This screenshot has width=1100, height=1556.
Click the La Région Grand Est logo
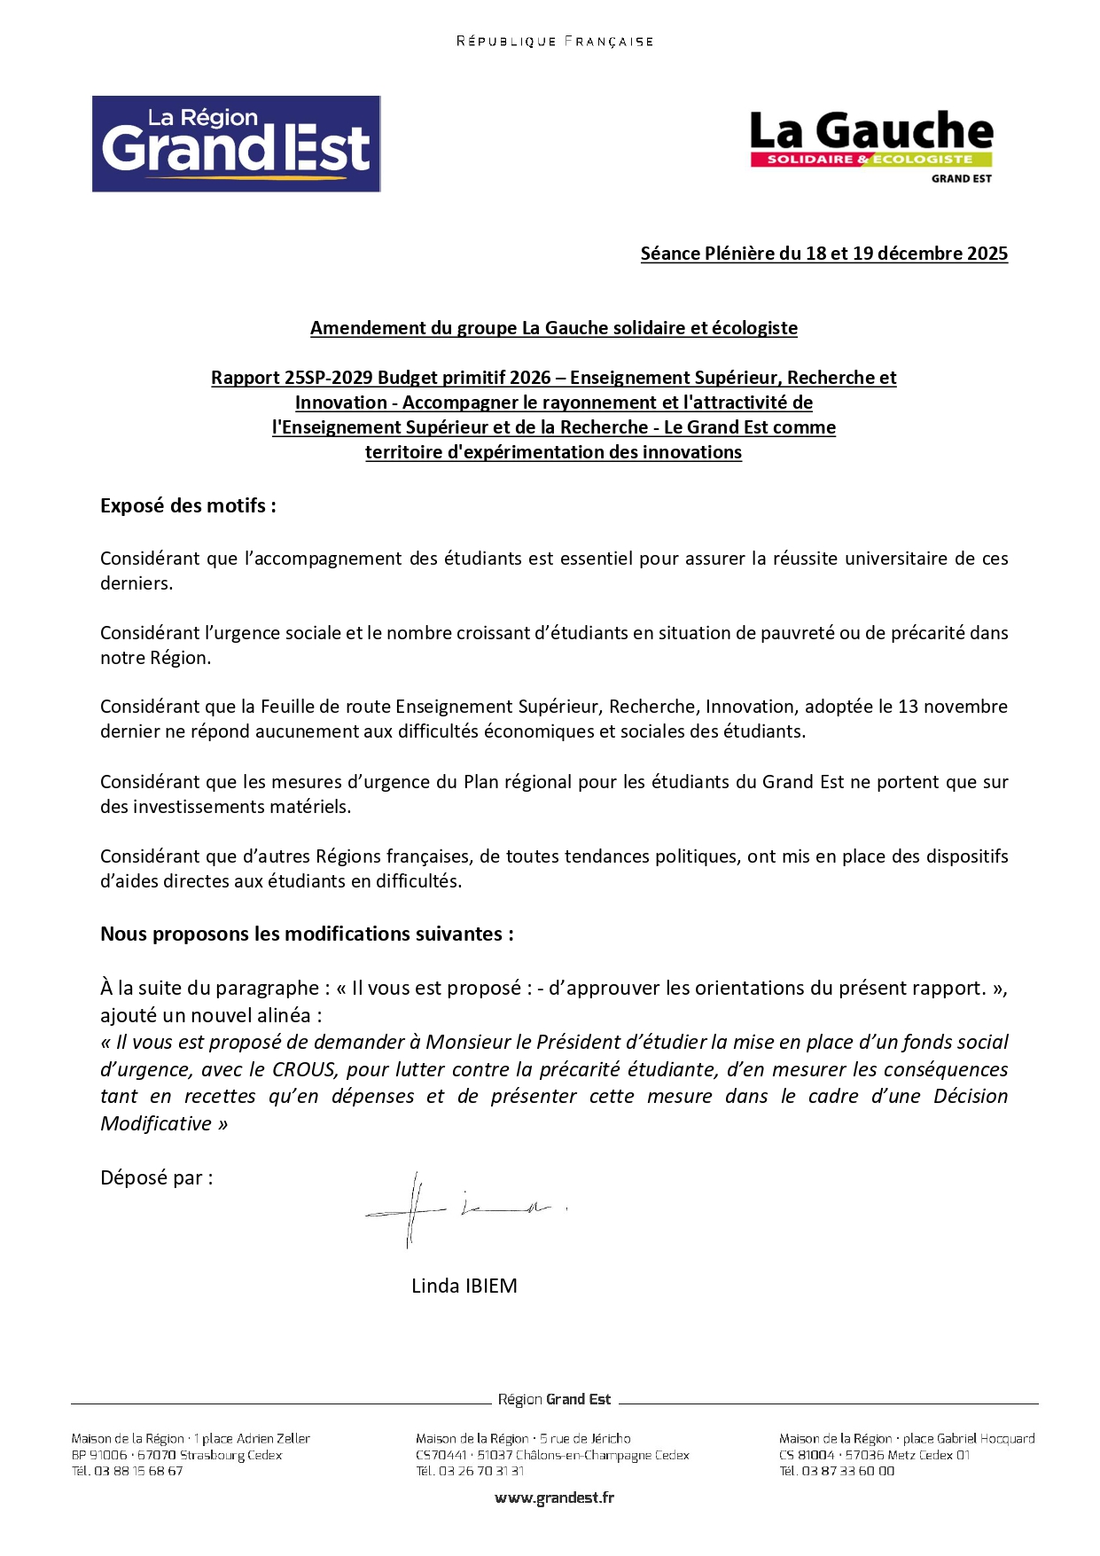coord(236,144)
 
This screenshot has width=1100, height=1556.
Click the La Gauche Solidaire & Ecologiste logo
coord(871,145)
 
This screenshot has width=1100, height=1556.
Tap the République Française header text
coord(554,41)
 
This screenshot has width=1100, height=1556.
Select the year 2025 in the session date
coord(987,254)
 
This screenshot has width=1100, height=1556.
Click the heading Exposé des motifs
coord(188,505)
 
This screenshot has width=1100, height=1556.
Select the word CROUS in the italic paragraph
coord(303,1070)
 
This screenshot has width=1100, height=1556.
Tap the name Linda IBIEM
coord(464,1286)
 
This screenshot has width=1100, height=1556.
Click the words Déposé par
coord(156,1177)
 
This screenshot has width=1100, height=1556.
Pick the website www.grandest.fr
coord(554,1497)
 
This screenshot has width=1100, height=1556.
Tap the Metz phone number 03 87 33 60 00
coord(847,1471)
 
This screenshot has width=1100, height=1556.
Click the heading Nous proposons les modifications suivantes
coord(307,934)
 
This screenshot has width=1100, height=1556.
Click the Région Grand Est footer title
coord(554,1399)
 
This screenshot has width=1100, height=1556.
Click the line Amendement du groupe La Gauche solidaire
coord(553,328)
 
